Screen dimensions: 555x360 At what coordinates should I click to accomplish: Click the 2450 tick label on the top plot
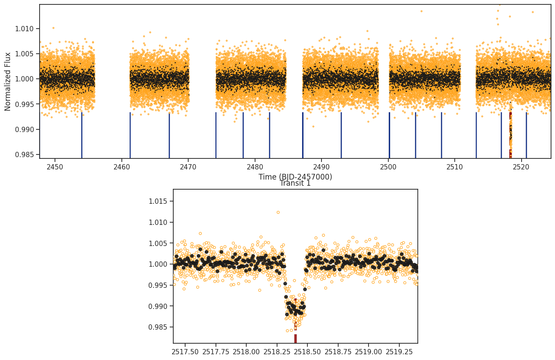(55, 167)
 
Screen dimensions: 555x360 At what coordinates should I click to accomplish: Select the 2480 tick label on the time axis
(255, 167)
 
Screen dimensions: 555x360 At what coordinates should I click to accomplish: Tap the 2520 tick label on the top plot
(521, 167)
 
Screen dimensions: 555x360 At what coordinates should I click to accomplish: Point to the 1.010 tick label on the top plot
(24, 29)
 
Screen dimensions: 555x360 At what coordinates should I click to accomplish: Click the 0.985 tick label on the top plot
(24, 155)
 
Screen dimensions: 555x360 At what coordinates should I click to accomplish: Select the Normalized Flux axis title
(7, 81)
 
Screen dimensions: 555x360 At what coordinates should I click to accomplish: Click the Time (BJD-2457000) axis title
(295, 177)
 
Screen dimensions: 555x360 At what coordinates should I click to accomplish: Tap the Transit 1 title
(295, 183)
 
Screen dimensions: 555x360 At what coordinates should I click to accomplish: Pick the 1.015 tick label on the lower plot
(157, 201)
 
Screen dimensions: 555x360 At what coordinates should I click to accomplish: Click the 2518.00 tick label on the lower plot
(246, 352)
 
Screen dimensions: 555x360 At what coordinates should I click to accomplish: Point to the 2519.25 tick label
(399, 352)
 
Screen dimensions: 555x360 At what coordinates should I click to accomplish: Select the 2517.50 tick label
(185, 352)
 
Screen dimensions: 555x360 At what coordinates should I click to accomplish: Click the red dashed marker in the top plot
(511, 135)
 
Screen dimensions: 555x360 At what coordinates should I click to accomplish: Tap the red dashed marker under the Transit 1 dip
(296, 321)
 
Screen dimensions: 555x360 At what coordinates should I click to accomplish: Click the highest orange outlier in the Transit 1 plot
(278, 212)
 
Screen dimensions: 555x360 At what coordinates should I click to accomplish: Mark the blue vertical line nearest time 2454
(82, 135)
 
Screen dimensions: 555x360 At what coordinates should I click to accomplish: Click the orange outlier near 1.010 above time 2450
(53, 28)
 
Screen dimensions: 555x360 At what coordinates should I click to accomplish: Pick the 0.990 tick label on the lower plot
(157, 306)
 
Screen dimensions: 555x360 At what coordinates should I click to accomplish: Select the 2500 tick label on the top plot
(388, 167)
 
